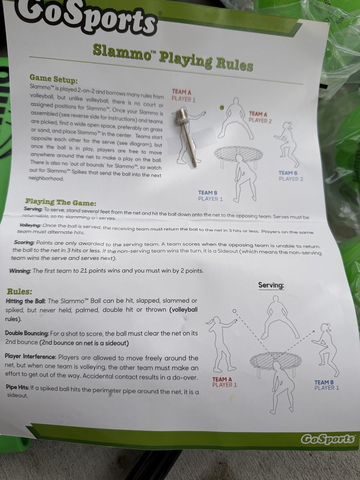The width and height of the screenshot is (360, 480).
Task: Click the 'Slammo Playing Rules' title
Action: pos(173,57)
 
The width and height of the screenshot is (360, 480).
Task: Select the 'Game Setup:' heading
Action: pos(54,79)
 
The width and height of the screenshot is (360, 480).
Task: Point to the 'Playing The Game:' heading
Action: pos(61,202)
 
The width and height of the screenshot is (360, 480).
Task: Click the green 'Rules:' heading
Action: pos(20,292)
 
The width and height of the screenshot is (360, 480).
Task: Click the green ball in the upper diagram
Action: pos(222,108)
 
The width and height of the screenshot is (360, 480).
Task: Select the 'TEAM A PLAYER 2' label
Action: pos(260,118)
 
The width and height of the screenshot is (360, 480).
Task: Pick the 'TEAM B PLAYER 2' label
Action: pos(291,176)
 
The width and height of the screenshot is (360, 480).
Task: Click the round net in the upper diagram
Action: pos(238,154)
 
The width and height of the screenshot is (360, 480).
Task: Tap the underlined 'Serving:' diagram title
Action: pos(271,285)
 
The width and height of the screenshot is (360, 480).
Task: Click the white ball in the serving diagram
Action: pos(234,311)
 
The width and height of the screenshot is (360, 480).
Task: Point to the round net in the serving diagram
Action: pos(276,360)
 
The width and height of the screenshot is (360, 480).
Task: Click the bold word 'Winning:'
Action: pos(20,271)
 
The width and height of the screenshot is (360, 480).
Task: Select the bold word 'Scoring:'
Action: pos(24,242)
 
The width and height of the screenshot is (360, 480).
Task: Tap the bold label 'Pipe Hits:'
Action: pos(18,388)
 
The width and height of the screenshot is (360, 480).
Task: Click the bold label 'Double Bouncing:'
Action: pos(27,334)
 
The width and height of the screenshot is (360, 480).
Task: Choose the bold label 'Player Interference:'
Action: pos(31,356)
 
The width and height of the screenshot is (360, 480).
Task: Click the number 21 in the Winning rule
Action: pos(84,271)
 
